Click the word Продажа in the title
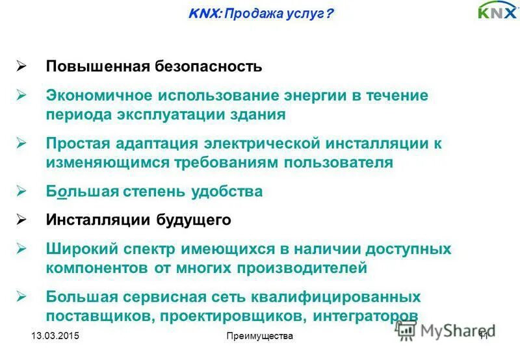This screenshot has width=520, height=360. point(250,12)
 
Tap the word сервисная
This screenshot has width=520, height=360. point(179,297)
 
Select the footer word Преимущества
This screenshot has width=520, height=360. point(260,336)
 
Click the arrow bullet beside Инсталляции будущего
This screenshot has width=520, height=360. point(21,220)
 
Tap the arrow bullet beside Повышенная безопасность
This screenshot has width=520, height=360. point(21,66)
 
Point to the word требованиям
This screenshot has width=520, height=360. point(227,162)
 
